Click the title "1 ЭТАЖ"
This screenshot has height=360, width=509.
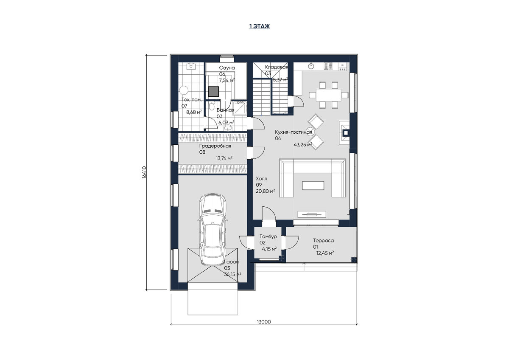click(260, 26)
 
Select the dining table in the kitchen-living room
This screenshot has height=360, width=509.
click(328, 95)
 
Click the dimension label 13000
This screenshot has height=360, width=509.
click(264, 322)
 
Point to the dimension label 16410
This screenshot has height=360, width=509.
click(145, 172)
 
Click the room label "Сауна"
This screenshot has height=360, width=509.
click(227, 68)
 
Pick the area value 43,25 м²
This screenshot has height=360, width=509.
click(303, 145)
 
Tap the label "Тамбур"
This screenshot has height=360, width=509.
click(268, 236)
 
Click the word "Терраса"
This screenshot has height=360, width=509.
click(323, 241)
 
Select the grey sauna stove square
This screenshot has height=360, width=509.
click(214, 91)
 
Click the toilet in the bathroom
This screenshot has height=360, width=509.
click(212, 106)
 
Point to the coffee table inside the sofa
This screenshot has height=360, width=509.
click(313, 186)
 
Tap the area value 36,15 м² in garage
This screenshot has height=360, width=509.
click(233, 274)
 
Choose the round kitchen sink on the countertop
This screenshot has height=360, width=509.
click(311, 66)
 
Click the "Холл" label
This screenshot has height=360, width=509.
click(261, 179)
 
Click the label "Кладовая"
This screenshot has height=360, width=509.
click(277, 67)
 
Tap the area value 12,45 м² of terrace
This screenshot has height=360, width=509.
click(325, 253)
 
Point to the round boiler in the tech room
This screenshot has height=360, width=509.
click(184, 90)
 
